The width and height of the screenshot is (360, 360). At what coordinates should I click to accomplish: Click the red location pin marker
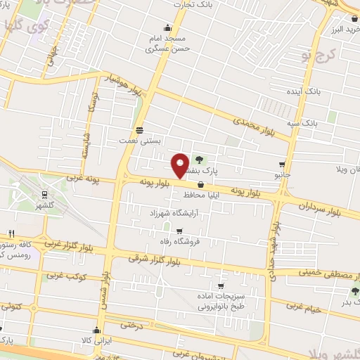tap(179, 165)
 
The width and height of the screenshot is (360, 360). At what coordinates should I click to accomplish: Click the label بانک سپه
tap(302, 122)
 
